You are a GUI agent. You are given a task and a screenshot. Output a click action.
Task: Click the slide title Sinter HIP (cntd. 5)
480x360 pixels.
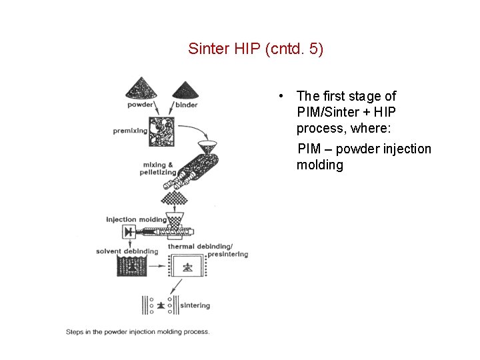click(x=255, y=49)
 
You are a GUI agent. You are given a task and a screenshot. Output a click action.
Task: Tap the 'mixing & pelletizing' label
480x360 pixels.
click(x=159, y=168)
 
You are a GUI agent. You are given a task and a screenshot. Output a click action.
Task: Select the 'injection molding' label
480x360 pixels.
click(x=136, y=219)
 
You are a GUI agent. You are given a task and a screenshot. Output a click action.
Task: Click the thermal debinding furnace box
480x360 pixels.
click(x=189, y=267)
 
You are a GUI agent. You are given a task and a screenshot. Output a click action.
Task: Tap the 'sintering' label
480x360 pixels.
click(x=195, y=305)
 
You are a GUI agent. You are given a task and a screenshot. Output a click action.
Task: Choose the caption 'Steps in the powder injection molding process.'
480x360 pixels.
click(x=137, y=331)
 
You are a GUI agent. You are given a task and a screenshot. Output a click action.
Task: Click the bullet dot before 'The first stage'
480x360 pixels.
click(x=283, y=97)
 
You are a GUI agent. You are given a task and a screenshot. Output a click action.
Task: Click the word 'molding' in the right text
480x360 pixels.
click(x=319, y=165)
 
